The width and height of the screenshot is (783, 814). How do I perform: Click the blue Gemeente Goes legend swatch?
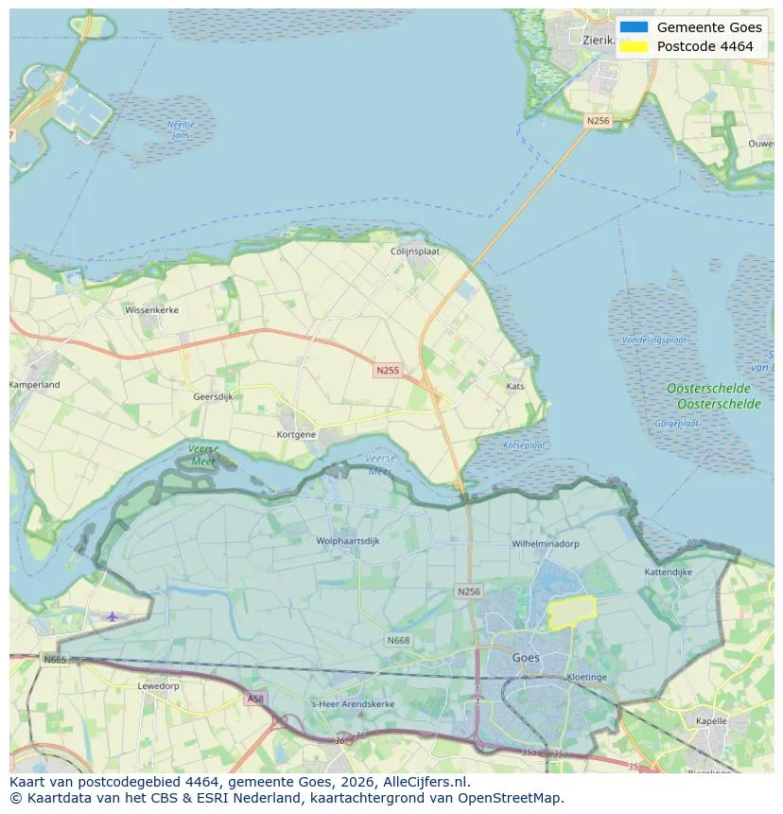click(635, 27)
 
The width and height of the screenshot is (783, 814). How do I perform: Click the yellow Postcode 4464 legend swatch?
click(635, 46)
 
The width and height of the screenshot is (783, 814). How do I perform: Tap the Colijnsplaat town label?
click(417, 251)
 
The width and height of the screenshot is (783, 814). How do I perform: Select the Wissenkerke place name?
click(151, 309)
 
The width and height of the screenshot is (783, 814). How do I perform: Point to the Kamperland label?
click(35, 385)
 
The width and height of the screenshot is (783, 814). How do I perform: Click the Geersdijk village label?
click(213, 397)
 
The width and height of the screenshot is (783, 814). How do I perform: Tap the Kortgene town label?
click(296, 434)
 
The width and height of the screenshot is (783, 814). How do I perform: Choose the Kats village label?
click(515, 387)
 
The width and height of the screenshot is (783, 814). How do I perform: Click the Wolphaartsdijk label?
click(348, 542)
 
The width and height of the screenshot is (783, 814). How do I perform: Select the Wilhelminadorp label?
click(545, 544)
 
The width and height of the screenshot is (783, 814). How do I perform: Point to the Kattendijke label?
click(668, 572)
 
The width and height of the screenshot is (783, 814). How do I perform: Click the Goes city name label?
click(525, 657)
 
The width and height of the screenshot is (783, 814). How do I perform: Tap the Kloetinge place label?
click(586, 677)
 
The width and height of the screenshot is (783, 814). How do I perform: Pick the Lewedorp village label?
click(158, 685)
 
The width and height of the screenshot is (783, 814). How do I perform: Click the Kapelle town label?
click(710, 720)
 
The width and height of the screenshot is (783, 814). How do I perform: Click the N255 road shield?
click(386, 371)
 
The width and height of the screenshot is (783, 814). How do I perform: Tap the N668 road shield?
click(398, 640)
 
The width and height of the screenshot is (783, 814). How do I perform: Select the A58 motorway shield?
click(254, 699)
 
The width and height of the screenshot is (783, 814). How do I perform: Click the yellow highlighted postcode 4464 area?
click(572, 613)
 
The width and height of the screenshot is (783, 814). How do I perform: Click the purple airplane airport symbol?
click(113, 616)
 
